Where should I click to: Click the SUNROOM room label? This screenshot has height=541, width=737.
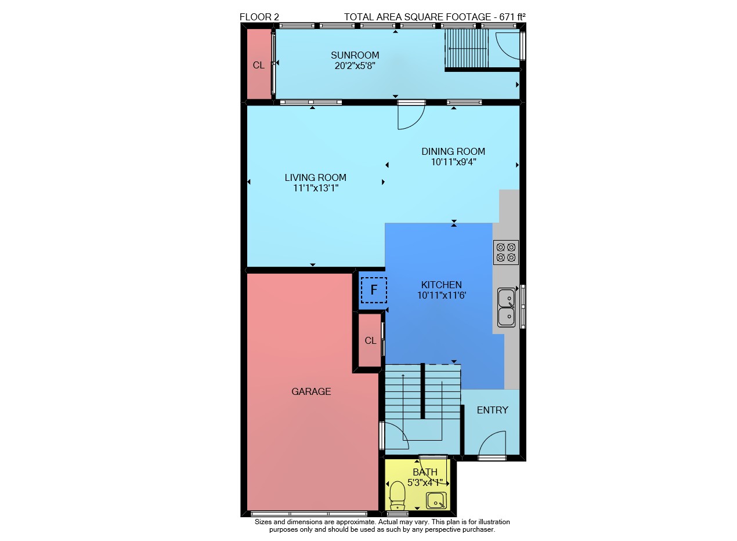(x=355, y=55)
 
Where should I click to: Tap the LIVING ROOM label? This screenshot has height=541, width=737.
(x=316, y=178)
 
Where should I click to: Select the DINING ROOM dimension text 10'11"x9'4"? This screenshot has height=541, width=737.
(x=454, y=162)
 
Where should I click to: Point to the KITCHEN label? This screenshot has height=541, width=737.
(x=442, y=285)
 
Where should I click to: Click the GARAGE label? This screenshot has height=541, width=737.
(x=311, y=391)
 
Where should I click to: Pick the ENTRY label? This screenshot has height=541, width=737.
(x=493, y=410)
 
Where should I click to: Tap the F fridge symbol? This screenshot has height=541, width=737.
(x=374, y=290)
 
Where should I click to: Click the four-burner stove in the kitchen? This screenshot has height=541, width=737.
(x=505, y=252)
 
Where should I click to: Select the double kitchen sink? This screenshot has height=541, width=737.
(x=507, y=307)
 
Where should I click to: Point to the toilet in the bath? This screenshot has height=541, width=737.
(x=397, y=495)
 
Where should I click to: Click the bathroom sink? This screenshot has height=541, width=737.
(x=436, y=500)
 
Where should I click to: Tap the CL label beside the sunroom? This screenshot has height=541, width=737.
(x=259, y=66)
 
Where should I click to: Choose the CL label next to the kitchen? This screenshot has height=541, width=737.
(x=370, y=340)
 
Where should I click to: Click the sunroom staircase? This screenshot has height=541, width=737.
(x=467, y=48)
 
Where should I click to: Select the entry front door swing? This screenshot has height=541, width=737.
(x=492, y=443)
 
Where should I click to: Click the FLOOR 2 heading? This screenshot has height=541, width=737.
(x=259, y=17)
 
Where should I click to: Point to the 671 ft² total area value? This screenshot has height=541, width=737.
(x=512, y=17)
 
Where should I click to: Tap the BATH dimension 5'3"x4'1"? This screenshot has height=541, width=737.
(x=425, y=482)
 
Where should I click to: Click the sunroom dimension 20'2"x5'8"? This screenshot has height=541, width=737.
(x=355, y=66)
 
